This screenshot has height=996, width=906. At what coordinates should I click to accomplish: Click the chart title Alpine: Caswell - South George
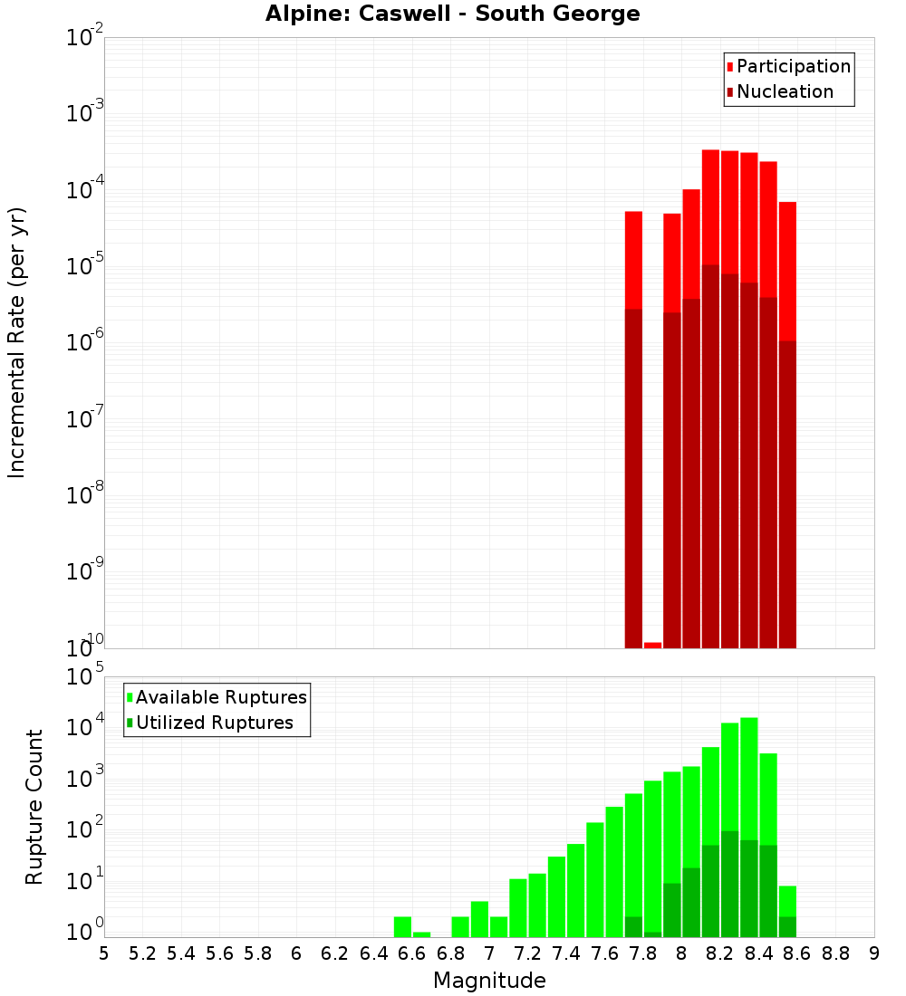point(452,14)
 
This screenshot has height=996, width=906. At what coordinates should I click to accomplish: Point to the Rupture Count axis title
point(34,806)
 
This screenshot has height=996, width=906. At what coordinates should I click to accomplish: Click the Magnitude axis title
point(489,981)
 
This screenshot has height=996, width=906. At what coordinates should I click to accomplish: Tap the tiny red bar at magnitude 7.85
point(652,645)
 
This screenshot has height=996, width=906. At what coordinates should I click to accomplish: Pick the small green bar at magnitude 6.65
point(421,934)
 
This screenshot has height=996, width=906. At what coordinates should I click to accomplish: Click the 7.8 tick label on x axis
point(643,953)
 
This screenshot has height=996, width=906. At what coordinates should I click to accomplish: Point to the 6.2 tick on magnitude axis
point(335,953)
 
